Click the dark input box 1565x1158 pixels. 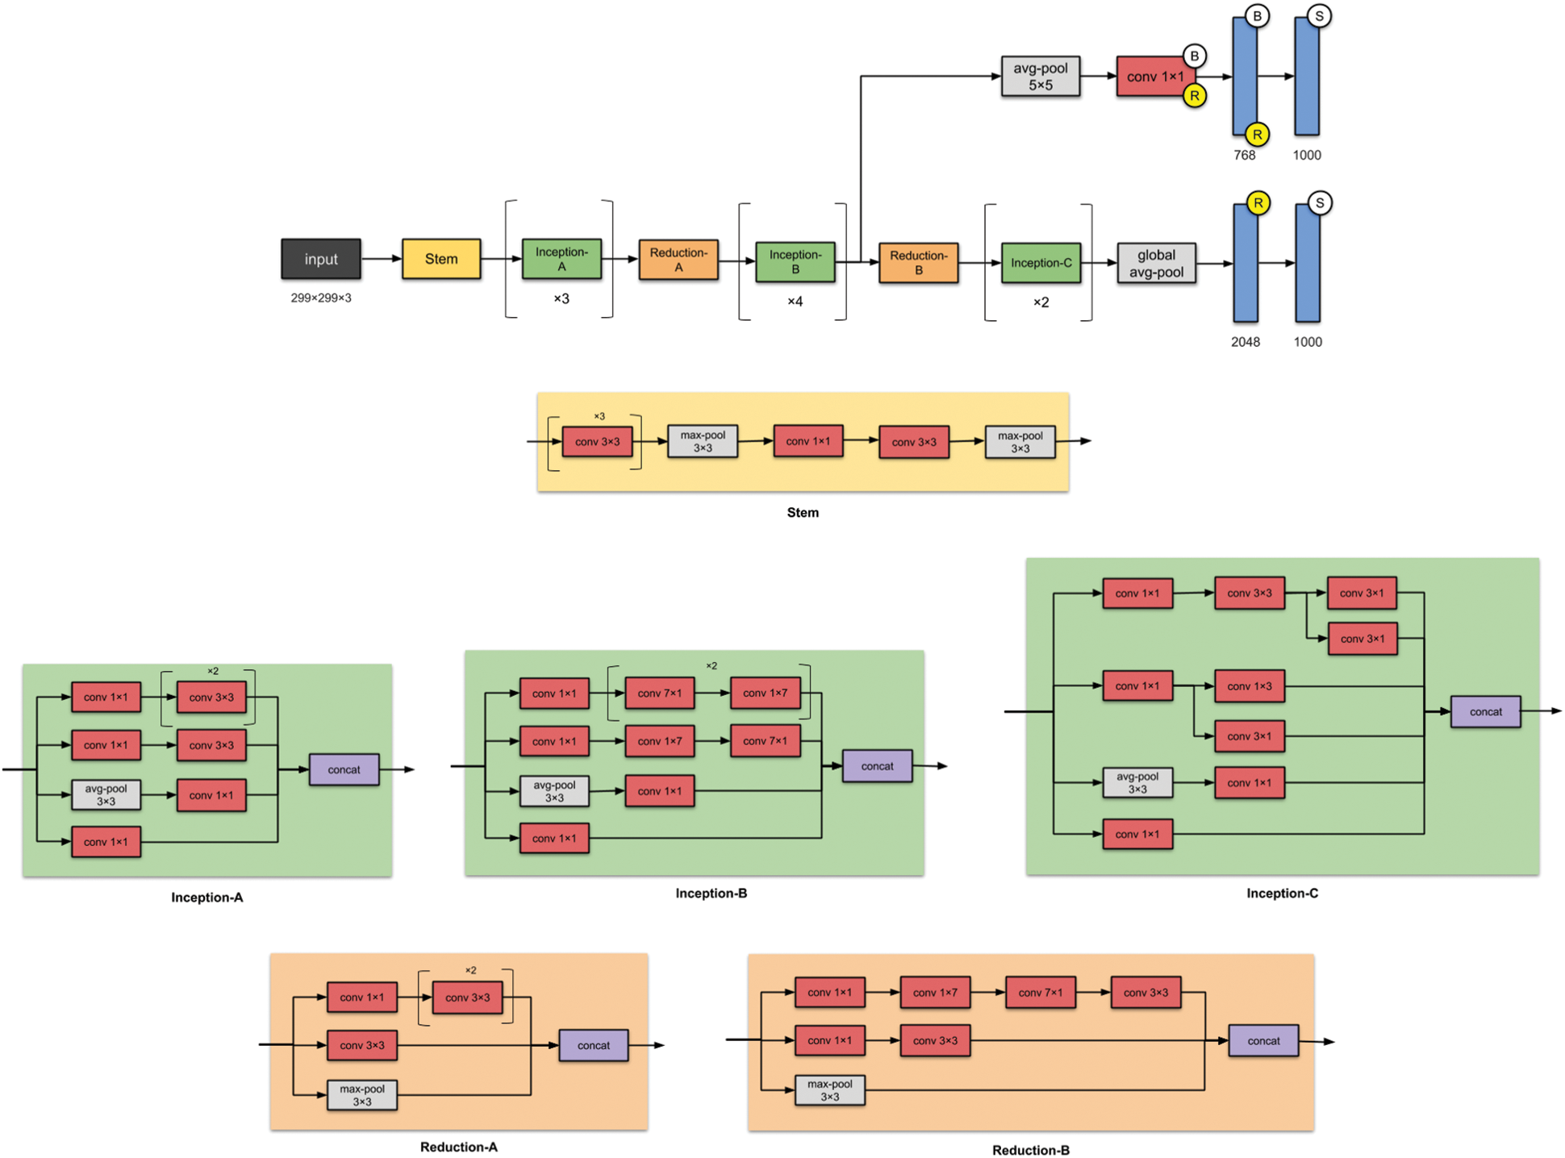pos(320,259)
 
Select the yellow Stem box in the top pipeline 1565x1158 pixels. pos(441,259)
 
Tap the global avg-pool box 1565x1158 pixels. pos(1156,263)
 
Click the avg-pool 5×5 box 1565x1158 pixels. pos(1040,77)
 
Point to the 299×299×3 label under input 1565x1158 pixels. pos(320,298)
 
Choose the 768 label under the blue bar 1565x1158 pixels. pos(1244,155)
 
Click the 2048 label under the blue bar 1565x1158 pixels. pos(1245,342)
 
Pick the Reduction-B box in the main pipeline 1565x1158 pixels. pos(918,263)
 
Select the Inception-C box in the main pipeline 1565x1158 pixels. pos(1041,263)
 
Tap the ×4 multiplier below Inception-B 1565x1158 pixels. pos(795,302)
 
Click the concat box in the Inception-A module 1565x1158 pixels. pos(344,769)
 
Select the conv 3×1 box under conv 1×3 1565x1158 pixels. pos(1249,736)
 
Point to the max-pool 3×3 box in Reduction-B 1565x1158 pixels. pos(829,1090)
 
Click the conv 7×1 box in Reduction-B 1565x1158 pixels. pos(1040,993)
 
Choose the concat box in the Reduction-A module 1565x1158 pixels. pos(593,1045)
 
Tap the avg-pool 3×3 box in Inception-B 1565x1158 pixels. pos(554,791)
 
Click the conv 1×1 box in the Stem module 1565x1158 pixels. pos(808,441)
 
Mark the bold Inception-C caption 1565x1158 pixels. pos(1282,893)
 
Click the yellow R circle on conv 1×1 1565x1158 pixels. pos(1194,96)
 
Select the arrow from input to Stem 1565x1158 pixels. pos(381,259)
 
